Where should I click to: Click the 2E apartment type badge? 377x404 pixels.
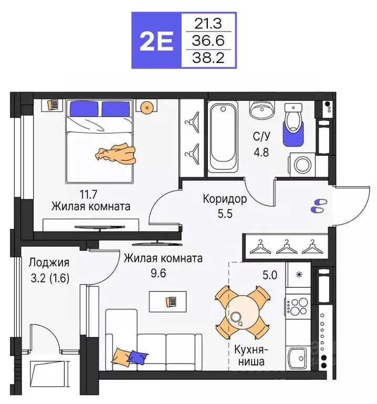(x=156, y=41)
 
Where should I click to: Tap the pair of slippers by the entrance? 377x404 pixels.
(x=318, y=206)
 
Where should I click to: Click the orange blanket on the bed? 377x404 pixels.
(x=115, y=153)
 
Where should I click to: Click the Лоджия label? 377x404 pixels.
(x=49, y=262)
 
